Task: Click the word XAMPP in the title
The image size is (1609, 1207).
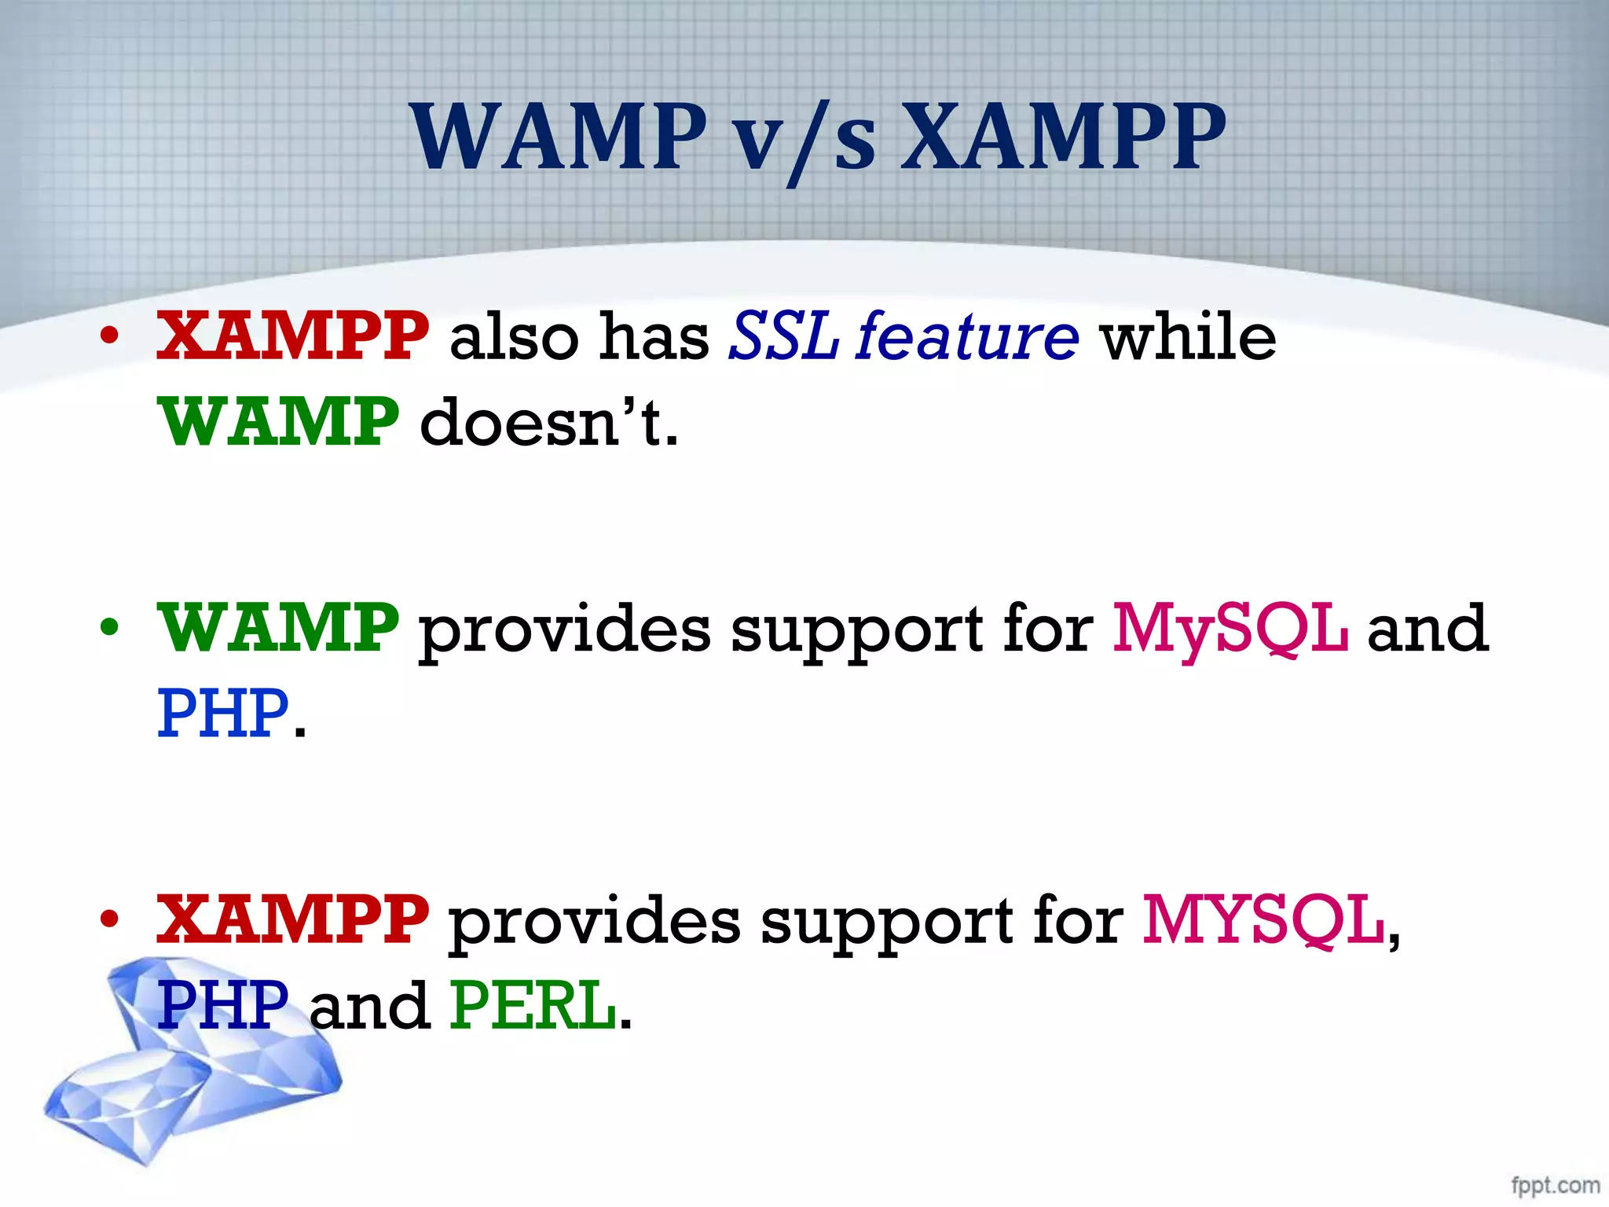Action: coord(1062,138)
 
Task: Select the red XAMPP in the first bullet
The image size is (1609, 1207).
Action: coord(292,336)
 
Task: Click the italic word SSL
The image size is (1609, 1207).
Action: coord(783,336)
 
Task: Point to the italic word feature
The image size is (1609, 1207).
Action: coord(968,336)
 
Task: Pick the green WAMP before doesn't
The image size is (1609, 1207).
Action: coord(278,422)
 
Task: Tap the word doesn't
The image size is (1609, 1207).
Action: coord(548,422)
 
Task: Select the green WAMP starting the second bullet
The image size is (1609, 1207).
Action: coord(278,628)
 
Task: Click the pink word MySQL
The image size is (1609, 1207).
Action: coord(1230,629)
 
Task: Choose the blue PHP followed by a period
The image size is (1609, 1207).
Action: coord(223,714)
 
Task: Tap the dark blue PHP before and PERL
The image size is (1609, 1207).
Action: coord(223,1005)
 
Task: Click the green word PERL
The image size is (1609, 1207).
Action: coord(533,1005)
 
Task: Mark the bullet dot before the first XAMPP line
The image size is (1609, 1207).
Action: coord(109,337)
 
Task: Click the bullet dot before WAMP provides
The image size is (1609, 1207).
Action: coord(109,629)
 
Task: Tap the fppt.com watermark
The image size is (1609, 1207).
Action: coord(1555,1185)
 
